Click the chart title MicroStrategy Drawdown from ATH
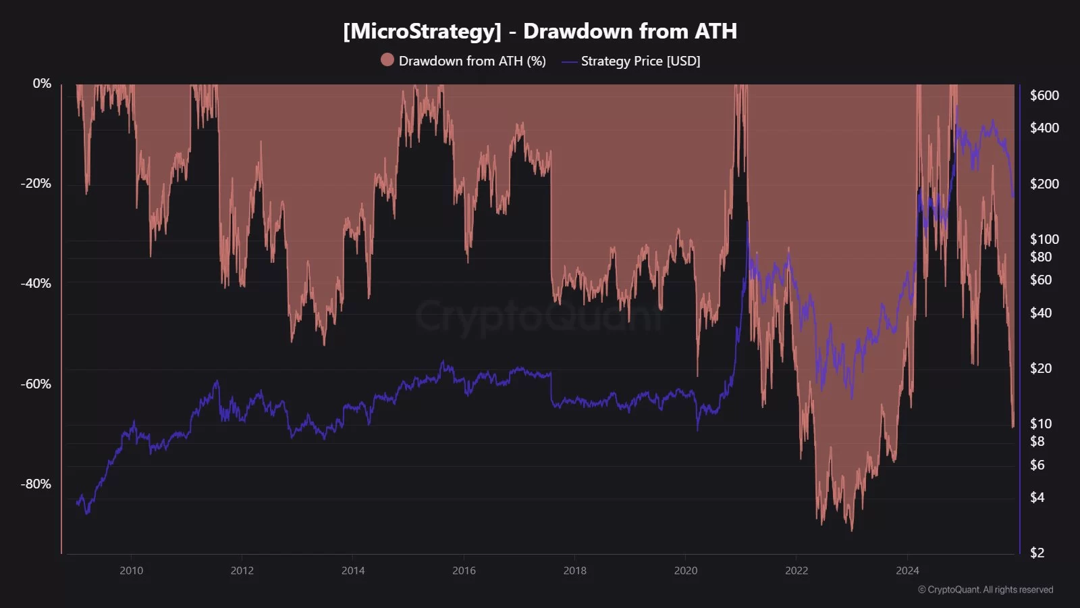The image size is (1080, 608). [x=539, y=31]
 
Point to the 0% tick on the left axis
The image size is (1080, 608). [x=42, y=83]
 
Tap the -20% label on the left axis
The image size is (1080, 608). [x=36, y=183]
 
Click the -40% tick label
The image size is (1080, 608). [x=36, y=283]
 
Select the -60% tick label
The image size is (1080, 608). [x=36, y=384]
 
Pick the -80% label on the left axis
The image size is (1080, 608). [x=36, y=484]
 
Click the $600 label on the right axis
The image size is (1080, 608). [x=1044, y=95]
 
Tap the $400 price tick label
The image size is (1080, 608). [x=1044, y=128]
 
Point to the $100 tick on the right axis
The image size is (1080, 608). [x=1044, y=239]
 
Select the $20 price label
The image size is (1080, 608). [x=1040, y=368]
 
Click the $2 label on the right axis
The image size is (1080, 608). [x=1037, y=553]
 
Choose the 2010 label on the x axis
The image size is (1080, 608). [x=131, y=571]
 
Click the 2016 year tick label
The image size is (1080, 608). [x=464, y=571]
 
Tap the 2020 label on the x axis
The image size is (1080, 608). [x=685, y=571]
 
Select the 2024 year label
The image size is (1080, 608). [x=907, y=571]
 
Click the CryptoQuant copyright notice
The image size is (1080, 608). [x=986, y=590]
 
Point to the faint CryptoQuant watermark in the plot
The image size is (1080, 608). [x=540, y=316]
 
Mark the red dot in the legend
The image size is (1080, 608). [x=387, y=60]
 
